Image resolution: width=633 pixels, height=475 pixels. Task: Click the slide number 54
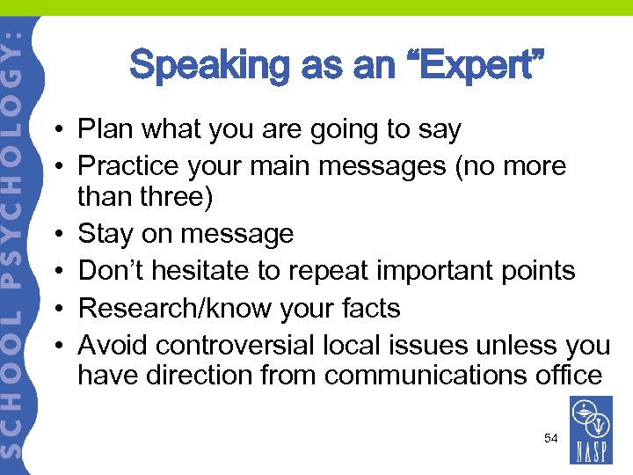550,437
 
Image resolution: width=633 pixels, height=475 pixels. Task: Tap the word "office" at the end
569,376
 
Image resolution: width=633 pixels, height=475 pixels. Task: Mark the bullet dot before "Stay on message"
55,234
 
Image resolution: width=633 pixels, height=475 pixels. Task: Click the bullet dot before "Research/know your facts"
55,308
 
